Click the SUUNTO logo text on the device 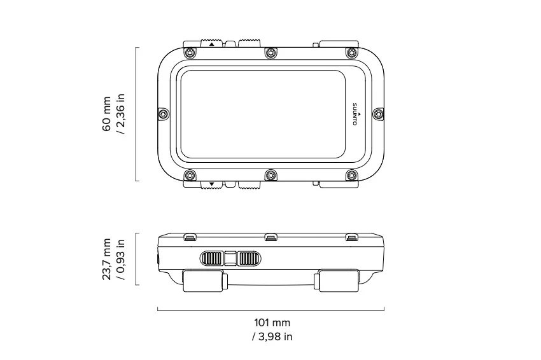[x=355, y=114]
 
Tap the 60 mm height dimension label [x=107, y=114]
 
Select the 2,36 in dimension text [x=121, y=114]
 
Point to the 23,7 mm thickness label [x=107, y=260]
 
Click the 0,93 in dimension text [x=121, y=260]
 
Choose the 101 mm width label [x=272, y=322]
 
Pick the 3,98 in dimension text [x=272, y=336]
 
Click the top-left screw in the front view [x=190, y=53]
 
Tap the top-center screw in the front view [x=271, y=53]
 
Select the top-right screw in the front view [x=352, y=53]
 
